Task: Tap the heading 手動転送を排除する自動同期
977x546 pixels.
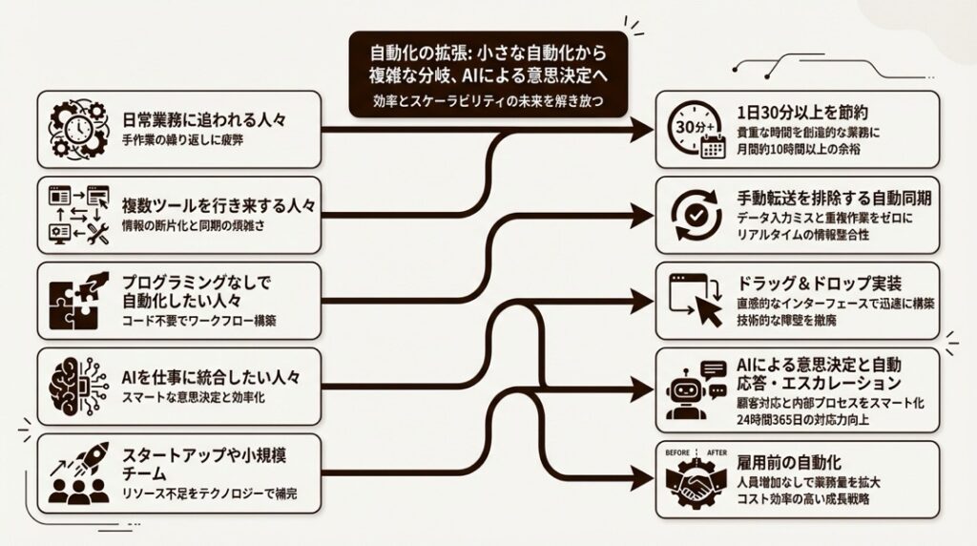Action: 834,198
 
